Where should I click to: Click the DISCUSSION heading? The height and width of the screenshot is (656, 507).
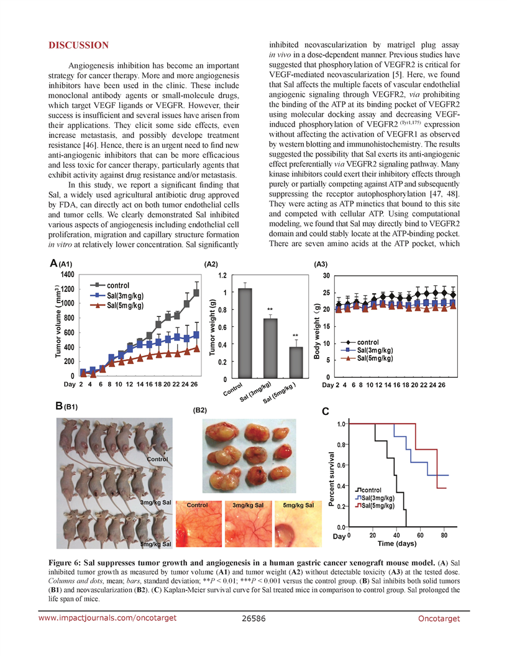pos(79,45)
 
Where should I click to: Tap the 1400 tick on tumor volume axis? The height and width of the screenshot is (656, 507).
pos(67,275)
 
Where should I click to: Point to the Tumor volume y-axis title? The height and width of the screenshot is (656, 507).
pos(58,321)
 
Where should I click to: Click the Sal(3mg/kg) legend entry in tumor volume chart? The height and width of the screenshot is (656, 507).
pos(117,295)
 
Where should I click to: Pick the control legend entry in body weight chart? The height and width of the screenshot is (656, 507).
pos(360,342)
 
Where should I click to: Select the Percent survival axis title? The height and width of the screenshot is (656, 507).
pos(331,479)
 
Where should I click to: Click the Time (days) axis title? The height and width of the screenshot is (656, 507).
pos(397,544)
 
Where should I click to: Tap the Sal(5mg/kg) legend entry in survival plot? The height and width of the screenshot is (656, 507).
pos(375,506)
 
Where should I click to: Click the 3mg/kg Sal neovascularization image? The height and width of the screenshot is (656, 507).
pos(249,524)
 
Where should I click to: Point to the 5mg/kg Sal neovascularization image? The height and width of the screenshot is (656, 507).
pos(298,524)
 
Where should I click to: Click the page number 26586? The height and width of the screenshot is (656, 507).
pos(253,618)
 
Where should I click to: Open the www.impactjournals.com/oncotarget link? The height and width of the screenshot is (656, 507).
pos(107,618)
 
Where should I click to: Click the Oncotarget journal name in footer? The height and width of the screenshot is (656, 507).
pos(439,618)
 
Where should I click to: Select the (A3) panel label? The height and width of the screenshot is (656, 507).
pos(321,264)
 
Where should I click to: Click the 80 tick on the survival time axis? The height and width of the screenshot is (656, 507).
pos(444,535)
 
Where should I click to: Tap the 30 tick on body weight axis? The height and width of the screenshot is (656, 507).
pos(326,276)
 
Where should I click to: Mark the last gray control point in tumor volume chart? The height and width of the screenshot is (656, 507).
pos(196,293)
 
